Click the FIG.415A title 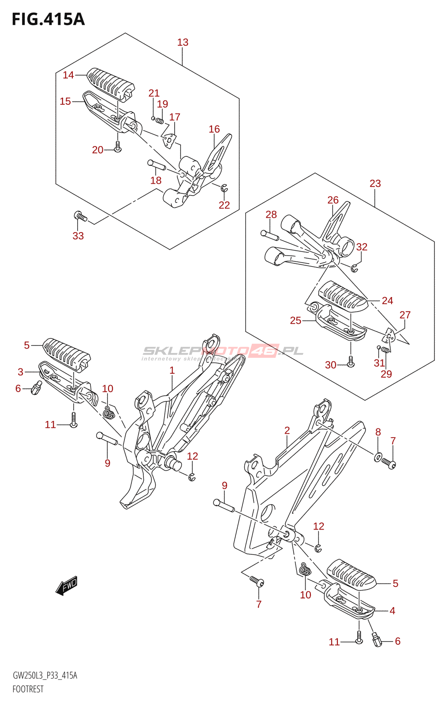pos(48,19)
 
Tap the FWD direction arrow pos(67,586)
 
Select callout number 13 pos(183,42)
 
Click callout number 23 pos(375,183)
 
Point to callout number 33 pos(78,236)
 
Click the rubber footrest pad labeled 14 pos(111,84)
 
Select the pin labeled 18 pos(157,165)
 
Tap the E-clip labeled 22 pos(224,188)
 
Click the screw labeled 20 pos(118,147)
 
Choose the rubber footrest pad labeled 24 pos(343,295)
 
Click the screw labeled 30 pos(351,361)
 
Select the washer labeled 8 pos(378,456)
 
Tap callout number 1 pos(172,370)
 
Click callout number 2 pos(287,430)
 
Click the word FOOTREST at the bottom pos(28,689)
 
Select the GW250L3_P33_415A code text pos(45,676)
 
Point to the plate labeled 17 pos(169,140)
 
